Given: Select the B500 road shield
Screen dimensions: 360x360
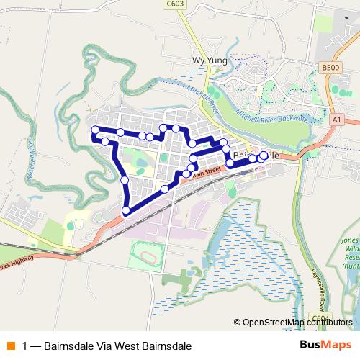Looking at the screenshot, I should pyautogui.click(x=330, y=67).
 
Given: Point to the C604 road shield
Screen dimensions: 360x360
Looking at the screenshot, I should pyautogui.click(x=320, y=318).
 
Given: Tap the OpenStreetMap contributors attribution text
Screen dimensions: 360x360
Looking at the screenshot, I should pyautogui.click(x=293, y=322).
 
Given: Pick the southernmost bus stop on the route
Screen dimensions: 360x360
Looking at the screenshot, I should pyautogui.click(x=127, y=210).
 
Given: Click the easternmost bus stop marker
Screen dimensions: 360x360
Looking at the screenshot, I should pyautogui.click(x=264, y=156).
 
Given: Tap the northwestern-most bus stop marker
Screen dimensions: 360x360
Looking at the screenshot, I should pyautogui.click(x=94, y=130).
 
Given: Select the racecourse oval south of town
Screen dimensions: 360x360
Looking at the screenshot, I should pyautogui.click(x=147, y=256).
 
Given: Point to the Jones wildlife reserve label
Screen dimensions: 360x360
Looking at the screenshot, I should pyautogui.click(x=350, y=252).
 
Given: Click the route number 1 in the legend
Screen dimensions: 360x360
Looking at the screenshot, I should pyautogui.click(x=25, y=346).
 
